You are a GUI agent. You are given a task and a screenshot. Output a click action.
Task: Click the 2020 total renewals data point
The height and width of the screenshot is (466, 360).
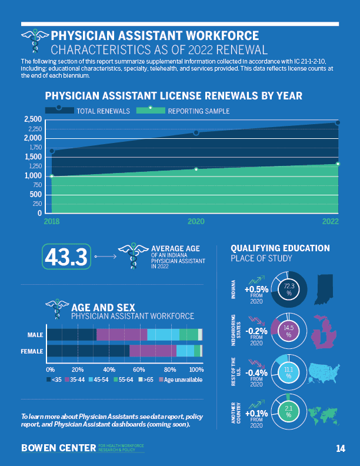point(196,133)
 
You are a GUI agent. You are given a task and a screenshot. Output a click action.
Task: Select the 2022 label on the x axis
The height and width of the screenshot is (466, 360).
point(331,222)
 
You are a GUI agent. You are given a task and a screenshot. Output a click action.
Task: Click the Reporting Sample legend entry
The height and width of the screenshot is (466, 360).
point(198,111)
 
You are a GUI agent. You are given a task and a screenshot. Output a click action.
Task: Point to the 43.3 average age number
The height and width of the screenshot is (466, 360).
point(66,257)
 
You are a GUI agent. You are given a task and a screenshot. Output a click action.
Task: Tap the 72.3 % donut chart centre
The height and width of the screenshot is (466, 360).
point(289,289)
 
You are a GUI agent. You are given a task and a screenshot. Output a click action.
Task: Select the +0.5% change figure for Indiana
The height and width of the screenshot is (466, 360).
point(256,289)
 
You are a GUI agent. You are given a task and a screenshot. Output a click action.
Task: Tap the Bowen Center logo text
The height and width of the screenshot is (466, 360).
point(58,448)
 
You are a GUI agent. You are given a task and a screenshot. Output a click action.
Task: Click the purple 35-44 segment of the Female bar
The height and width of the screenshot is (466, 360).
point(153,351)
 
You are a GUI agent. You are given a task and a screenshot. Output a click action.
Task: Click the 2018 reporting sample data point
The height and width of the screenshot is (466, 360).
point(52,176)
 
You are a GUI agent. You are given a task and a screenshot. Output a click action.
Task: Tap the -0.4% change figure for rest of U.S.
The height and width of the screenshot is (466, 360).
point(256,372)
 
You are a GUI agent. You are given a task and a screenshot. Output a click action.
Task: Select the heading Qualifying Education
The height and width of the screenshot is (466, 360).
point(279,248)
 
